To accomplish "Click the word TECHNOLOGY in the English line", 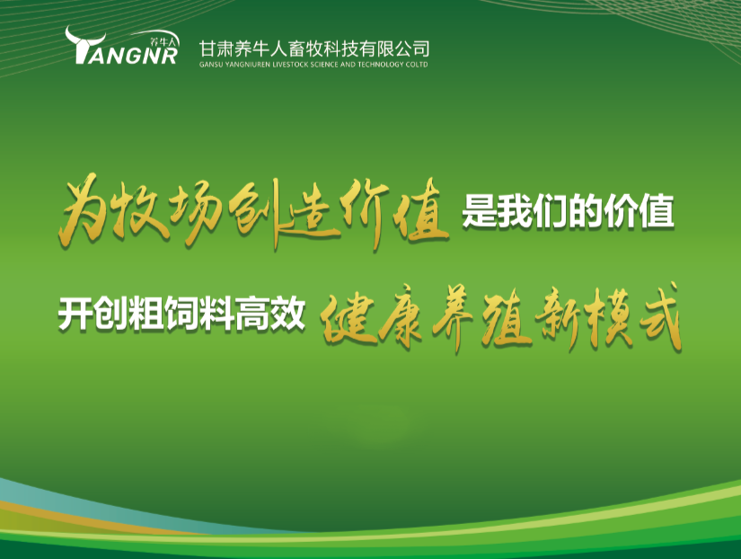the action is point(375,65).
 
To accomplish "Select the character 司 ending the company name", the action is point(419,49).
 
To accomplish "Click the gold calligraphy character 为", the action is point(80,209).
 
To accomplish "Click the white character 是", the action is point(479,212).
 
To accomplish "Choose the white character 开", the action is point(75,315).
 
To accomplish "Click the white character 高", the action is point(252,315).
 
